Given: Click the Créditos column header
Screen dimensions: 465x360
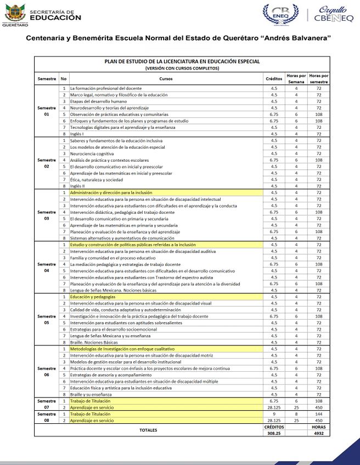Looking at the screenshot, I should [x=273, y=79].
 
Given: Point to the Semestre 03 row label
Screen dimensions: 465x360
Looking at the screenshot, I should [x=47, y=215].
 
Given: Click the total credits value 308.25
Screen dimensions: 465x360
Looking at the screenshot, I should [x=273, y=433].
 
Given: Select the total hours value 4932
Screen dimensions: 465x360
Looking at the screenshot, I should [x=318, y=433].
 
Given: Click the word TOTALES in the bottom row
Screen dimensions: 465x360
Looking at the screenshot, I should [x=148, y=430].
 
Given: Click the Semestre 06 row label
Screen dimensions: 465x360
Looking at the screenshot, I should [x=47, y=371].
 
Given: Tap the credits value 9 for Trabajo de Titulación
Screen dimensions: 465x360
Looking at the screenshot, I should [x=273, y=413].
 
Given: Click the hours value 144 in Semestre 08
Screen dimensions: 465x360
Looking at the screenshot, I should [x=318, y=413].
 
